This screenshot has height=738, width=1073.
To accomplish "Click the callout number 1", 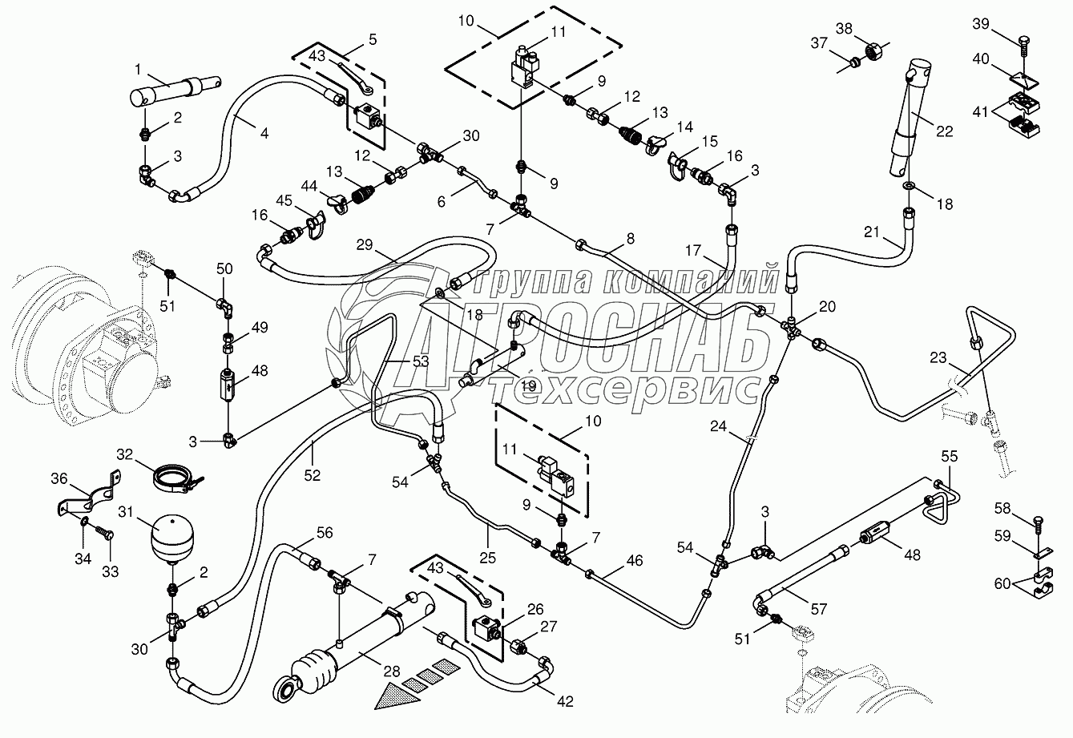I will click(x=138, y=70).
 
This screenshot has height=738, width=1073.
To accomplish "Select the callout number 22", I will click(x=944, y=131).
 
